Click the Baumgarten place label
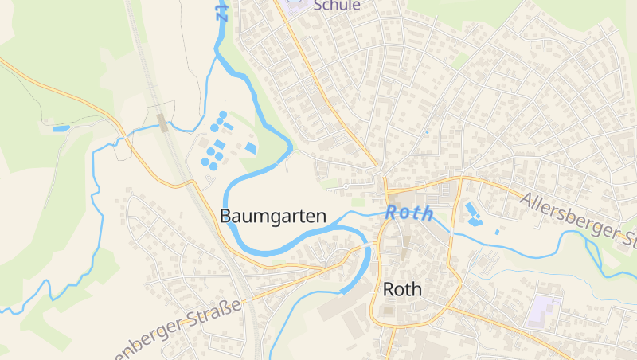(273, 216)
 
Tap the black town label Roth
(402, 289)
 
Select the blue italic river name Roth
(410, 213)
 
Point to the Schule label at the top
(337, 6)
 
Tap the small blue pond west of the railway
(61, 127)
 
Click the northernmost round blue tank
(223, 115)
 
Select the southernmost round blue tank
(205, 162)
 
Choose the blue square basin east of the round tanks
(251, 148)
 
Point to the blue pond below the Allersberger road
(472, 213)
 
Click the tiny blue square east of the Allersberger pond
(497, 232)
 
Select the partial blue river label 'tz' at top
(221, 10)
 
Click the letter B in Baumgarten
(225, 216)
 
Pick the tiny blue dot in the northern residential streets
(426, 131)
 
